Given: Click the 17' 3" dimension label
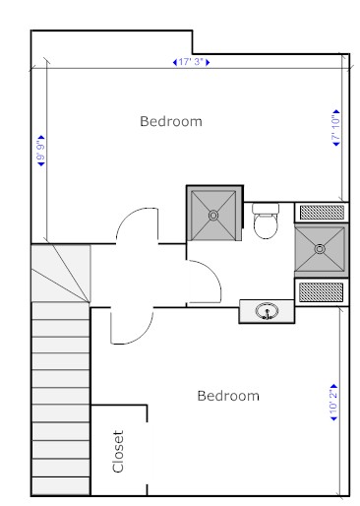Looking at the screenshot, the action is point(192,62).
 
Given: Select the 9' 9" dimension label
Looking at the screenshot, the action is point(41,151).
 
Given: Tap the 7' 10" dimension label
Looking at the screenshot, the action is point(336,128).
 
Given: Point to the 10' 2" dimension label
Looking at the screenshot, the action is point(333,403).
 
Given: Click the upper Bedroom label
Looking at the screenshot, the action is point(171,121).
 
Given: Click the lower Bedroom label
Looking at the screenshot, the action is point(228,396).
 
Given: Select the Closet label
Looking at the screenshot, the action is point(118,451).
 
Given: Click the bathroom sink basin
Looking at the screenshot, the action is point(268,311).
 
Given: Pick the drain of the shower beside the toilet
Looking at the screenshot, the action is point(213,216).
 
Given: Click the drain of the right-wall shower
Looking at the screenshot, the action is point(320,249).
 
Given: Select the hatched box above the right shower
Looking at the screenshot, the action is point(322,213).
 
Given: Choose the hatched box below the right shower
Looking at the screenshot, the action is point(322,292).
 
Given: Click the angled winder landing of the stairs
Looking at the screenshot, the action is point(61,273).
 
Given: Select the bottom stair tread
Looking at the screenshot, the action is point(61,485).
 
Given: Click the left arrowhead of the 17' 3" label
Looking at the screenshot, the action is point(175,62).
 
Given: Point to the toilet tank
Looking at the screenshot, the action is point(266,208).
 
